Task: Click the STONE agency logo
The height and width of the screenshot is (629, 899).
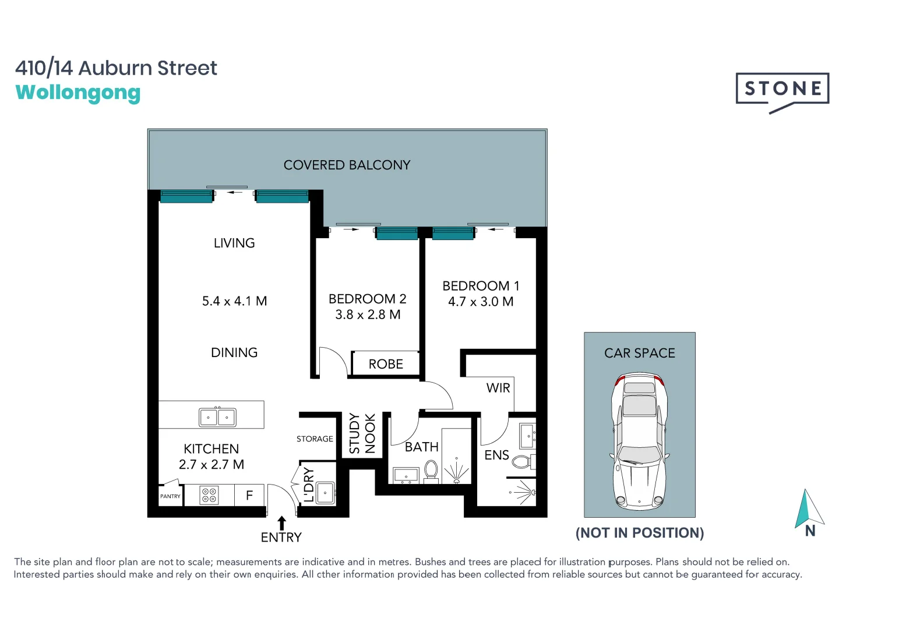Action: click(782, 91)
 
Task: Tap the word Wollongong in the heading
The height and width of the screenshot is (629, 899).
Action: click(78, 93)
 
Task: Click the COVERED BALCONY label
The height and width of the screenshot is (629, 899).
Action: click(347, 165)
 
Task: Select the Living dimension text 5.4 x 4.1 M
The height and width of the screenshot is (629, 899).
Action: click(234, 301)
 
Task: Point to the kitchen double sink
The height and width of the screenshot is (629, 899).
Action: click(217, 417)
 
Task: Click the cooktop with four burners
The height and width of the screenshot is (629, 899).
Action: click(209, 495)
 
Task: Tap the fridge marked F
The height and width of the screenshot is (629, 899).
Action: click(249, 496)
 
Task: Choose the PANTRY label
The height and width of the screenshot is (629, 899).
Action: click(170, 496)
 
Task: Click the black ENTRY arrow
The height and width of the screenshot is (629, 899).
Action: click(281, 522)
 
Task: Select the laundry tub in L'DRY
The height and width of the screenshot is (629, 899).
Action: click(325, 492)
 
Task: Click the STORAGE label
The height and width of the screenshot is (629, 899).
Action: click(315, 439)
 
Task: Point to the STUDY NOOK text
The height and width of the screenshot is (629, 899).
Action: click(362, 433)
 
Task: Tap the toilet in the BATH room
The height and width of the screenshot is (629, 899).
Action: click(431, 470)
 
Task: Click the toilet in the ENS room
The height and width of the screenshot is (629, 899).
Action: click(521, 462)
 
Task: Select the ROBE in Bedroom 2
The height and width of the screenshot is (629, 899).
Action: click(386, 364)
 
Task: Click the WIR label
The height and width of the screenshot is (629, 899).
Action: click(498, 388)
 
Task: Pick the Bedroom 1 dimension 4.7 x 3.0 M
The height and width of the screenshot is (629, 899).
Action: click(481, 302)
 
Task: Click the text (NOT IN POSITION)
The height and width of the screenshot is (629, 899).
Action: click(639, 533)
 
